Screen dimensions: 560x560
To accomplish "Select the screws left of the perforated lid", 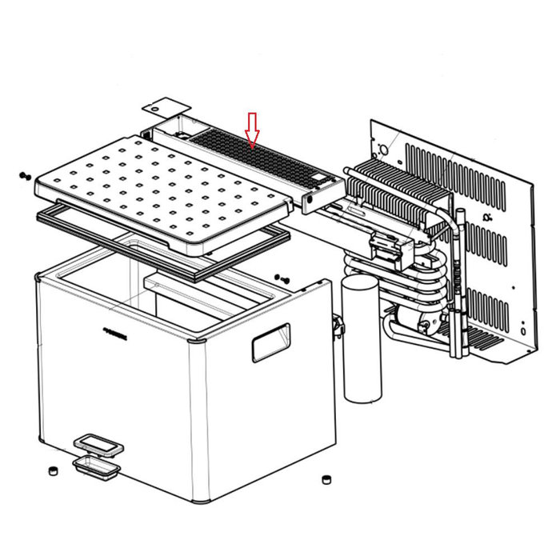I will click(x=23, y=175).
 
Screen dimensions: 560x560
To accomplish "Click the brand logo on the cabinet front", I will click(x=118, y=328).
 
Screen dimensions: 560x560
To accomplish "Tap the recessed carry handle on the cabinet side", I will click(x=270, y=342).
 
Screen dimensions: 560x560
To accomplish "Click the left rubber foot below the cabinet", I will click(x=52, y=470).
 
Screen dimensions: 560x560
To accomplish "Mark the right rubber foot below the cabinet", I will click(x=326, y=479).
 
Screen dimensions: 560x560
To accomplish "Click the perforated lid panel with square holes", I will click(x=160, y=188).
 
